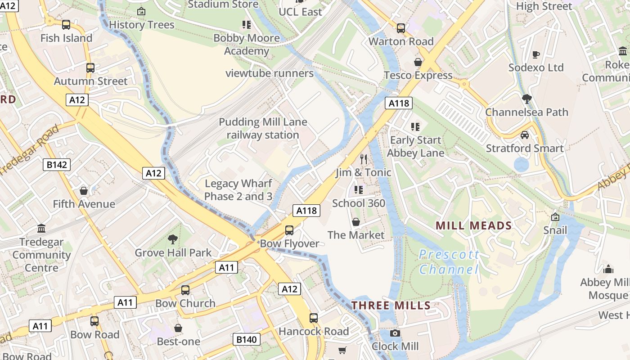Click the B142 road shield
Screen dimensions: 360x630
pyautogui.click(x=57, y=165)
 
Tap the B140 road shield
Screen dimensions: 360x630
pyautogui.click(x=247, y=339)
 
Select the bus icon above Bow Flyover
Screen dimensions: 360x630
pyautogui.click(x=289, y=230)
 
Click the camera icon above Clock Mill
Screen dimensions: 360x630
pyautogui.click(x=395, y=333)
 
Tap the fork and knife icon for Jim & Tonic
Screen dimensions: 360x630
pyautogui.click(x=364, y=159)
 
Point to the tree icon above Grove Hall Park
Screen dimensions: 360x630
pyautogui.click(x=172, y=239)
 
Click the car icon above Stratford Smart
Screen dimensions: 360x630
pyautogui.click(x=524, y=135)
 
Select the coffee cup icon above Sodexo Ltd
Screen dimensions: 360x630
pyautogui.click(x=535, y=54)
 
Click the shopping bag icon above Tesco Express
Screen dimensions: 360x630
pyautogui.click(x=418, y=62)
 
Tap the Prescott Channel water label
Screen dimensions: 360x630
pyautogui.click(x=449, y=262)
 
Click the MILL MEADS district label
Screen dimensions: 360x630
pyautogui.click(x=474, y=226)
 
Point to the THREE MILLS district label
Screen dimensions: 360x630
pyautogui.click(x=391, y=306)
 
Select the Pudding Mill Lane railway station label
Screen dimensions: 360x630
pyautogui.click(x=263, y=128)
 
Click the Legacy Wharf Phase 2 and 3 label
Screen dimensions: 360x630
pyautogui.click(x=238, y=190)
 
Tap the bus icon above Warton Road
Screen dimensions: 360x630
pyautogui.click(x=400, y=28)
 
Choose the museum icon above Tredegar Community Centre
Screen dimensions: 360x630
pyautogui.click(x=42, y=229)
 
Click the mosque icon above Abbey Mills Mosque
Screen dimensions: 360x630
pyautogui.click(x=608, y=269)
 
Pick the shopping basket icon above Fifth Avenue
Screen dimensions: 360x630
pyautogui.click(x=84, y=191)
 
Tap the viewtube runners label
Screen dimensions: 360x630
pyautogui.click(x=270, y=73)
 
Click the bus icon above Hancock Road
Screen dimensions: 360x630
pyautogui.click(x=314, y=318)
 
